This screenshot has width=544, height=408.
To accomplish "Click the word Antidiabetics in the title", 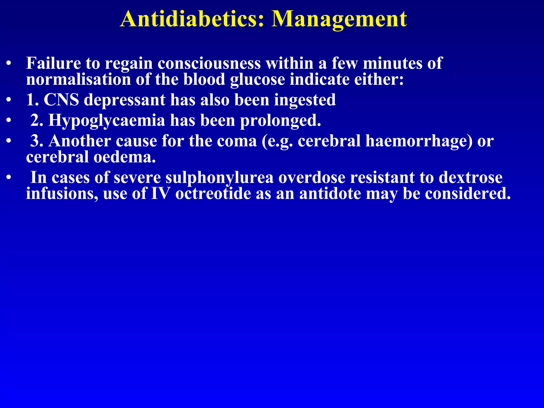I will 192,19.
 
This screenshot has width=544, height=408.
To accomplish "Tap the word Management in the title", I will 339,19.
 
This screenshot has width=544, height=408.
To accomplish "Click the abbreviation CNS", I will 61,100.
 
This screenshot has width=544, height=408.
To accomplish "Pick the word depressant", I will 125,100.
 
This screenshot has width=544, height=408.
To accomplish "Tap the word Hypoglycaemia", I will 107,121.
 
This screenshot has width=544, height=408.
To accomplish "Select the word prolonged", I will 280,121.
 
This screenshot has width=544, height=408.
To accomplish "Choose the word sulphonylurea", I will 219,178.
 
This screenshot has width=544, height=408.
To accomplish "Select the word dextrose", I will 470,177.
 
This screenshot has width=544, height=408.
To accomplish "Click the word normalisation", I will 79,79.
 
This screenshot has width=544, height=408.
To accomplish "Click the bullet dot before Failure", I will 9,64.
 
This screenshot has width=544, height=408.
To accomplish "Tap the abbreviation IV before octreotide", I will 160,193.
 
